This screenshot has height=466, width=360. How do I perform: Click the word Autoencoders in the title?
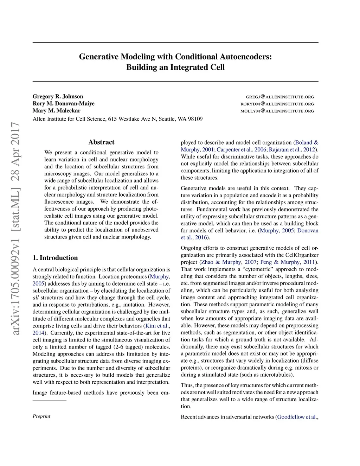246,57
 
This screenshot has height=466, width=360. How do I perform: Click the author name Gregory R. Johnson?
58,97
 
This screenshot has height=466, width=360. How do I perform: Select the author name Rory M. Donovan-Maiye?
64,104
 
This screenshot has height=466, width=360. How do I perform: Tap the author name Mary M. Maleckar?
57,111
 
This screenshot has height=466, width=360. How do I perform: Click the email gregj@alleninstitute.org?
280,97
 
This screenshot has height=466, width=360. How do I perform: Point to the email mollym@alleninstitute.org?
277,111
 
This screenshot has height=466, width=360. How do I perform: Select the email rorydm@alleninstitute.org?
277,104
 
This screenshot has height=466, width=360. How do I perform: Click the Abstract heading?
101,142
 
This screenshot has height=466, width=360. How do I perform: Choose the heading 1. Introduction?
55,258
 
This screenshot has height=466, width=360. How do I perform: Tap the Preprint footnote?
41,416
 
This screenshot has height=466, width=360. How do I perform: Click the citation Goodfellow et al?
297,417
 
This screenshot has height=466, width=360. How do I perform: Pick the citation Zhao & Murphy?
221,262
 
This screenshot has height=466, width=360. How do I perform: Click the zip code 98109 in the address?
195,119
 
